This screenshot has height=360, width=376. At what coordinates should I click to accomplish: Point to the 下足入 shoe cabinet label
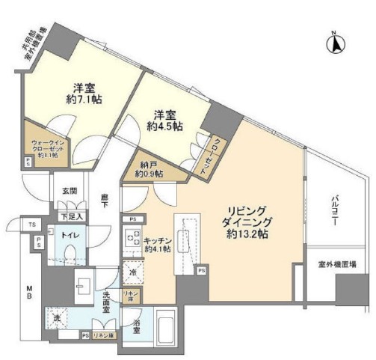tap(72, 216)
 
